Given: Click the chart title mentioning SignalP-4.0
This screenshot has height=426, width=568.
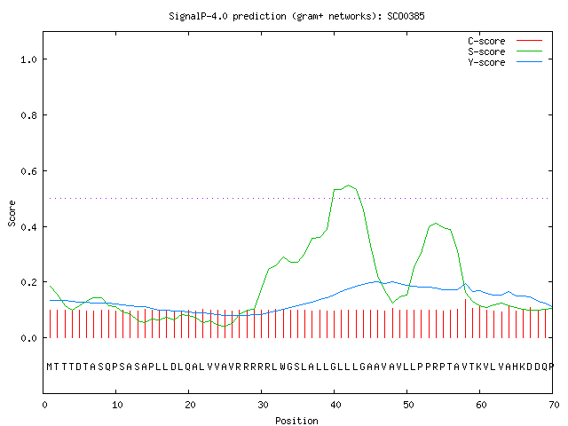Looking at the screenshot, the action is (x=296, y=16).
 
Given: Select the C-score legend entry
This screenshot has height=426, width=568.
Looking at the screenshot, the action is (x=505, y=41).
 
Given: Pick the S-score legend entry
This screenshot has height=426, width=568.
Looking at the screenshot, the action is (x=505, y=51).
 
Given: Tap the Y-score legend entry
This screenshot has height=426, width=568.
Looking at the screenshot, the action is (x=505, y=62).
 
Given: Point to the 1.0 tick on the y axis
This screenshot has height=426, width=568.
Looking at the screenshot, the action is (x=28, y=59).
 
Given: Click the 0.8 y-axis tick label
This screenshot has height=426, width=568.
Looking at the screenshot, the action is (x=28, y=115).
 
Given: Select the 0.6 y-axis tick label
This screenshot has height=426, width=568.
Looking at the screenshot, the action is (x=28, y=171).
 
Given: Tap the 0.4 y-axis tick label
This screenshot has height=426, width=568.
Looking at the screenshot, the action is (x=28, y=227).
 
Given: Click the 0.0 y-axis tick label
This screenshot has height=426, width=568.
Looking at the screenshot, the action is (x=28, y=338).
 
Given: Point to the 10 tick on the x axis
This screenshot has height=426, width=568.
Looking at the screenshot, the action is (x=117, y=405).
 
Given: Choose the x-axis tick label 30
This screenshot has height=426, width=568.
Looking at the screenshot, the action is (x=263, y=405).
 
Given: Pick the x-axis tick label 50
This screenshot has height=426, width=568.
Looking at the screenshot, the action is (x=408, y=405).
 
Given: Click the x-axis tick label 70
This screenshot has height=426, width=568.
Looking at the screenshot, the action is (x=554, y=405).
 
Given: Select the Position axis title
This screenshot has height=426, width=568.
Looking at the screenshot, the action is (x=296, y=421).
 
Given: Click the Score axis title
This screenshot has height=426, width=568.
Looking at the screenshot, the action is (x=12, y=213).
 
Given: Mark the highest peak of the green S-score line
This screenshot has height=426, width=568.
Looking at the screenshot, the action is (x=349, y=185).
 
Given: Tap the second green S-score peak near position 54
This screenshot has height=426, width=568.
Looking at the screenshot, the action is (x=436, y=223).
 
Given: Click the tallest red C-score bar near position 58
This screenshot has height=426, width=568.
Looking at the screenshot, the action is (x=465, y=319).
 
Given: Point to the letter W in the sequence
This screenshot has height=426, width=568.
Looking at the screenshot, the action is (x=282, y=367).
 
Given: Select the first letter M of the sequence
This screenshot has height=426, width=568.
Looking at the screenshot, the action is (x=50, y=367).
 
